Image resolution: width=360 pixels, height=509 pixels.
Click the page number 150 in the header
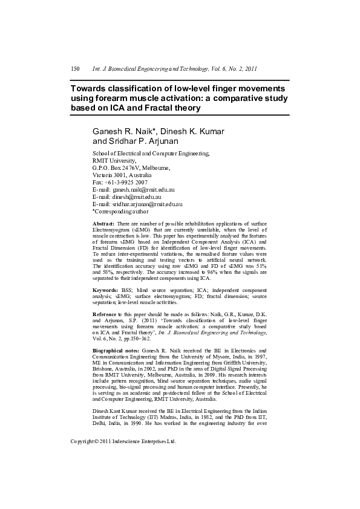(76, 69)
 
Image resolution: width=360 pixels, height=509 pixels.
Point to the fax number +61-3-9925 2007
(126, 183)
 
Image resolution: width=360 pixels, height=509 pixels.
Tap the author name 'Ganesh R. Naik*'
(124, 132)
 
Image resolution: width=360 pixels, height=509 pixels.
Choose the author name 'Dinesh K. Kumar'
(192, 132)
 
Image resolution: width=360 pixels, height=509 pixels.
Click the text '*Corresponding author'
(120, 212)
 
